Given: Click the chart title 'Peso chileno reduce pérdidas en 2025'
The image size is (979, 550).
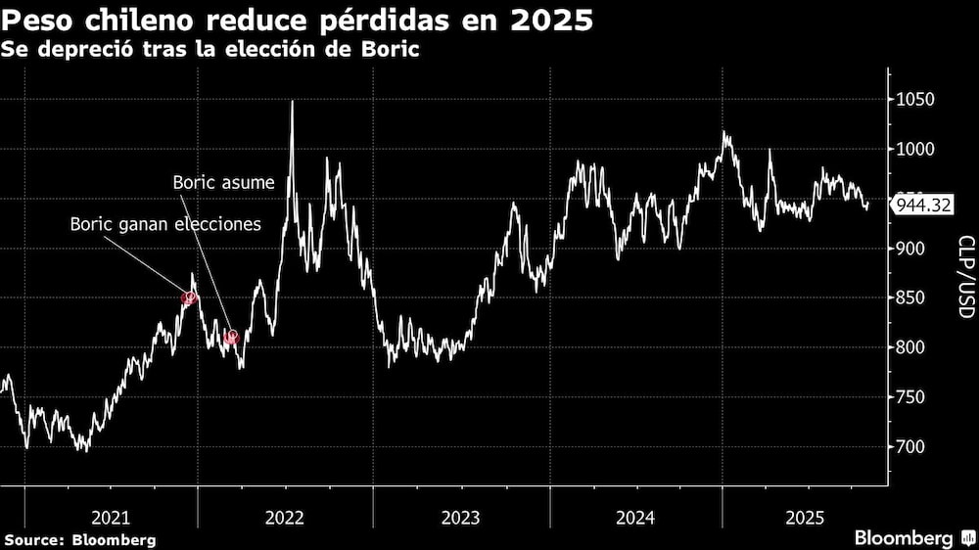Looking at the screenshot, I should (x=298, y=21).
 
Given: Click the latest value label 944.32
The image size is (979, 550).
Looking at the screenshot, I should (x=921, y=206).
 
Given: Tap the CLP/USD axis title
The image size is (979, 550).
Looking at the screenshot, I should (x=964, y=277).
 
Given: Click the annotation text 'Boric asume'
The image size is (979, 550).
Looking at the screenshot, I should (x=223, y=182).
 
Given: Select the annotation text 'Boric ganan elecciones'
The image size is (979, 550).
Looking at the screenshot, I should (x=165, y=224).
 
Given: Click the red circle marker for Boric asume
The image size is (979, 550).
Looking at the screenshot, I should (x=232, y=337).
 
